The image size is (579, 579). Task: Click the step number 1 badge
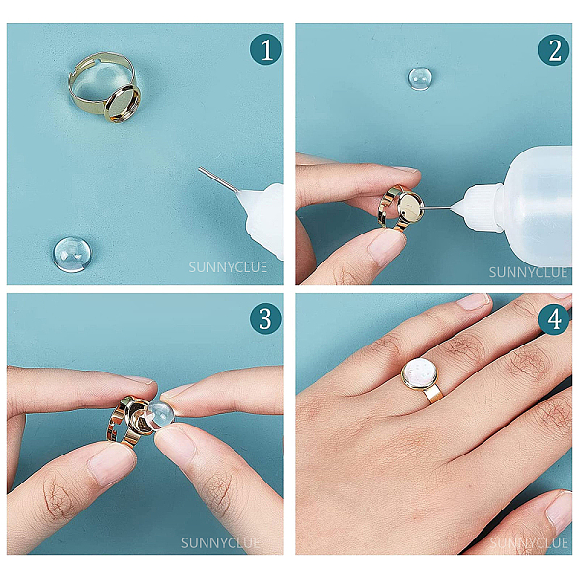[x=266, y=49]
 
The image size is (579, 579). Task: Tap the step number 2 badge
[x=554, y=49]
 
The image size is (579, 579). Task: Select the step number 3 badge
[x=266, y=318]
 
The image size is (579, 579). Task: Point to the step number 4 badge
[x=554, y=318]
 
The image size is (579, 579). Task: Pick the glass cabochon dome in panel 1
[x=72, y=255]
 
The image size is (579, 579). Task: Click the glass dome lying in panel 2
[x=420, y=79]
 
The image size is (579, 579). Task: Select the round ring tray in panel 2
[x=411, y=207]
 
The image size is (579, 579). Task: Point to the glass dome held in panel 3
[x=160, y=416]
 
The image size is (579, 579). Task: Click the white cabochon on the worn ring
[x=420, y=373]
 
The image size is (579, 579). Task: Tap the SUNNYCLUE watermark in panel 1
[x=228, y=267]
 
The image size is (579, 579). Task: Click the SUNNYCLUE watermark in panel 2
[x=528, y=272]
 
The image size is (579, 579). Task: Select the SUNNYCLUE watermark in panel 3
[x=220, y=542]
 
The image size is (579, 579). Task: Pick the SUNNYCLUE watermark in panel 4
[x=529, y=542]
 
